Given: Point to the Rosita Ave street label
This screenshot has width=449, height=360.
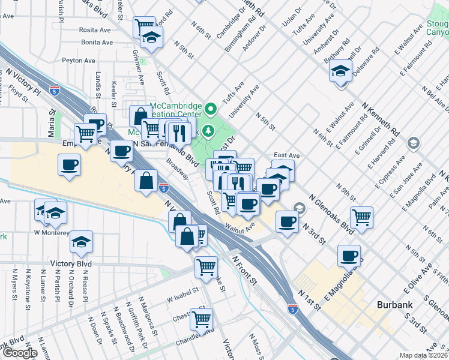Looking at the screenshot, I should (97, 30).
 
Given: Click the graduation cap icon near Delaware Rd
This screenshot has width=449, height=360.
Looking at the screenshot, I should (340, 73).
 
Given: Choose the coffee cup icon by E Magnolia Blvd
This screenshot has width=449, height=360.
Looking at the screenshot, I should (348, 256).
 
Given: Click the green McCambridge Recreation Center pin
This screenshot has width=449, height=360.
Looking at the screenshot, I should (210, 110).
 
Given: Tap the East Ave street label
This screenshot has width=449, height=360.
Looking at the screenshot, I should (286, 155).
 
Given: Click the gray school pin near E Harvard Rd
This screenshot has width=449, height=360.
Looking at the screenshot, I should (412, 143).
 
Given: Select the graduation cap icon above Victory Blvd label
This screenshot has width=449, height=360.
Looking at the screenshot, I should (82, 243).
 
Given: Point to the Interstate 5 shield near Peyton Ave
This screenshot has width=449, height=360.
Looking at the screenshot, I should (55, 91).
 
